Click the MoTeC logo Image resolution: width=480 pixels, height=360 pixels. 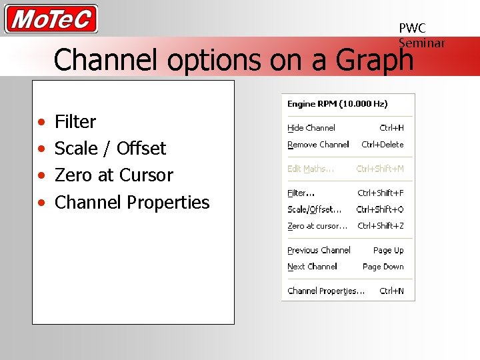[x=51, y=19]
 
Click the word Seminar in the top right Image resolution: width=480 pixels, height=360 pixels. [x=421, y=43]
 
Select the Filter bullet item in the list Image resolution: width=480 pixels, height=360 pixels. [x=75, y=122]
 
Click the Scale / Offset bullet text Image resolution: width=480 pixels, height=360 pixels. [x=110, y=149]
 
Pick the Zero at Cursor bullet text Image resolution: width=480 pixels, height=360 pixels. [x=113, y=175]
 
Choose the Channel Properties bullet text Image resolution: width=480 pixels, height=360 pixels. [x=131, y=202]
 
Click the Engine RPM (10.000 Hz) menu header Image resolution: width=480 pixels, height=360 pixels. [x=337, y=104]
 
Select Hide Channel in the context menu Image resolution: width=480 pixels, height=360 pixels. [x=311, y=128]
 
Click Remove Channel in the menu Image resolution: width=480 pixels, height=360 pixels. [x=318, y=145]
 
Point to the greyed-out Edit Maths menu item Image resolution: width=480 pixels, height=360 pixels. [x=311, y=169]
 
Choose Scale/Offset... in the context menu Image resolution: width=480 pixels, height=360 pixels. [x=314, y=209]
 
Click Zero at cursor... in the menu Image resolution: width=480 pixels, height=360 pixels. [x=317, y=226]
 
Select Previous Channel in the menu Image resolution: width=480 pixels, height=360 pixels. [x=319, y=251]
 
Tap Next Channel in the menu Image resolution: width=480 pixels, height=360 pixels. [x=312, y=267]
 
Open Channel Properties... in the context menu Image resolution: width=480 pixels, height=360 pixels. [x=326, y=291]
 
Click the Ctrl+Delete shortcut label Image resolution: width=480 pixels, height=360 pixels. [x=382, y=145]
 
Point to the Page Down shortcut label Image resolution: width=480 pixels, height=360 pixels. [x=383, y=267]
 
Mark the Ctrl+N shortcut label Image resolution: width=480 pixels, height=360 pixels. [x=391, y=291]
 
